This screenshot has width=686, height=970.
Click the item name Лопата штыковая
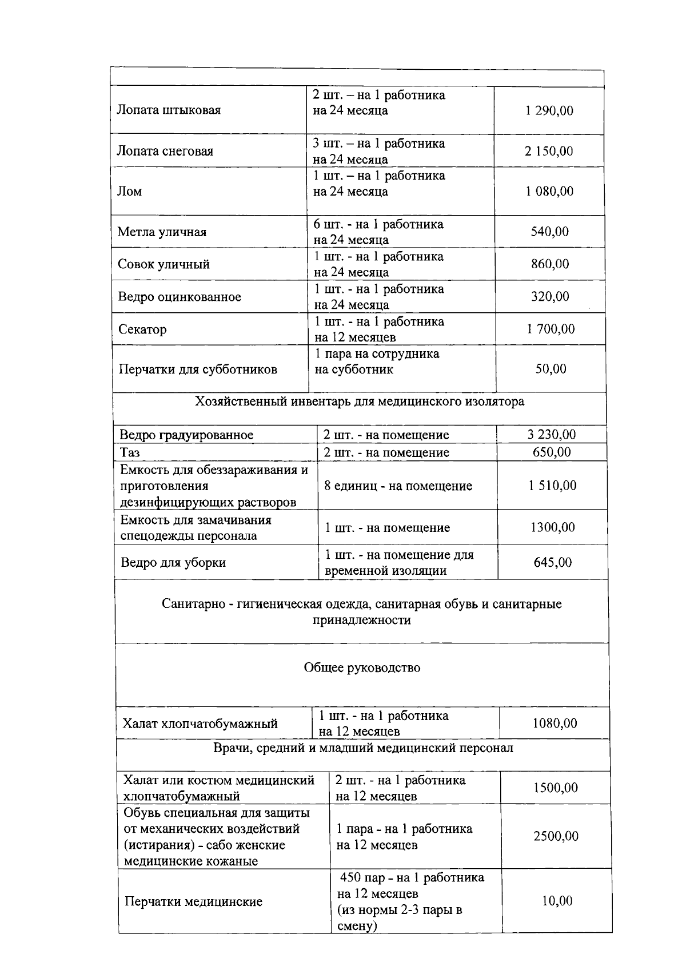click(169, 110)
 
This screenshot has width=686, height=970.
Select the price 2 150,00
click(548, 151)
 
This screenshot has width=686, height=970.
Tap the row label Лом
click(130, 191)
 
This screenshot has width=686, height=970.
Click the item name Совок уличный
click(163, 264)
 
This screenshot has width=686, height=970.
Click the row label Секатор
click(142, 329)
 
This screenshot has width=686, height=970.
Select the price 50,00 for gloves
click(551, 369)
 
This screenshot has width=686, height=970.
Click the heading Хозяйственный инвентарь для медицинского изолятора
click(360, 401)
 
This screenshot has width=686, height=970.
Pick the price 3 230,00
click(551, 434)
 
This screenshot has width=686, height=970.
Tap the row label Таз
click(130, 452)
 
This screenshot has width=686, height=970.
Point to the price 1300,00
click(552, 527)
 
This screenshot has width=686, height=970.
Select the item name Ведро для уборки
click(173, 562)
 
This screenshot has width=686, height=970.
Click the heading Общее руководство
click(362, 667)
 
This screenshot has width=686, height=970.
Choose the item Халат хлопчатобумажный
click(200, 723)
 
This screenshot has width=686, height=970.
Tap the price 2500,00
click(556, 836)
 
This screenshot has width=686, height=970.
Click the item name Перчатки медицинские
click(194, 902)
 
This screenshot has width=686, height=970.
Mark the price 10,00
click(557, 901)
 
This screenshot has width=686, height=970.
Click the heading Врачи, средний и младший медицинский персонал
click(363, 748)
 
